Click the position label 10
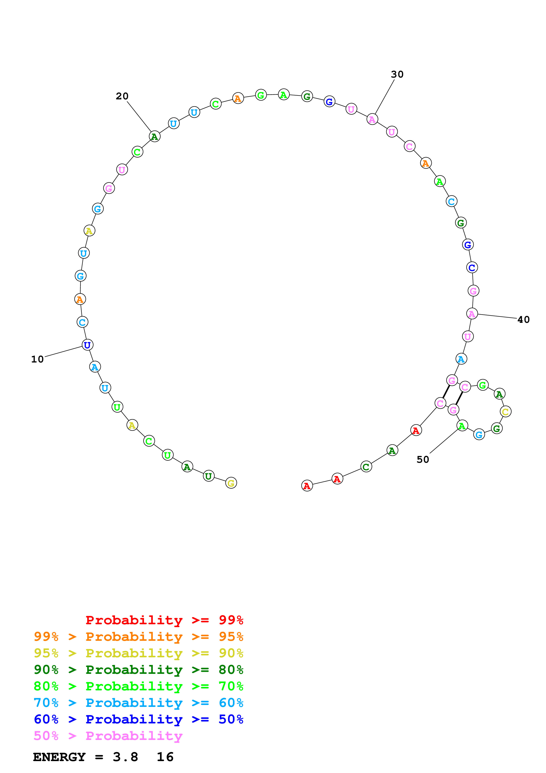tap(37, 359)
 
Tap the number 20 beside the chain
tap(122, 96)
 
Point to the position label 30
tap(397, 74)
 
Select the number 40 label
tap(523, 320)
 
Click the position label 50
tap(423, 460)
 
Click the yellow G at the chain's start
tap(231, 483)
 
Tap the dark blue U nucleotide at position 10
tap(87, 345)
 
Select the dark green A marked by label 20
tap(154, 136)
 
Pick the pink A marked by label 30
tap(372, 119)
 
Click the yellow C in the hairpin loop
tap(505, 411)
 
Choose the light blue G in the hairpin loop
tap(479, 435)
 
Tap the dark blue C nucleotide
tap(472, 267)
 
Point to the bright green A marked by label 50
tap(462, 426)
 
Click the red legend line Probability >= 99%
tap(164, 620)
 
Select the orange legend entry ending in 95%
tap(138, 637)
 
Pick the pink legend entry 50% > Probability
tap(108, 736)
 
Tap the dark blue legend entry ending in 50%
tap(138, 719)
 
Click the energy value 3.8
tap(126, 757)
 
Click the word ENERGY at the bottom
tap(59, 757)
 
